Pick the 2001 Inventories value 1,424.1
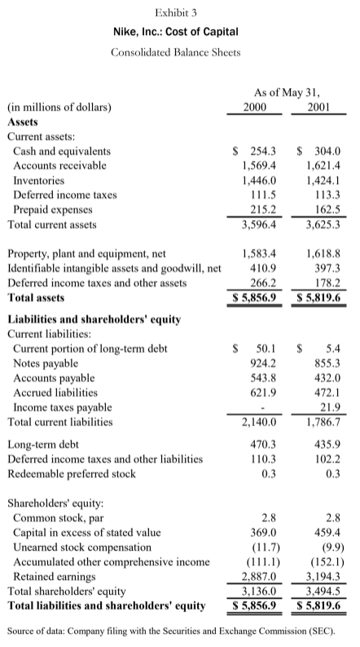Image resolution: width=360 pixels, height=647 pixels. (318, 180)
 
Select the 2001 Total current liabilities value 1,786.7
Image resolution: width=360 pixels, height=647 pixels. (318, 422)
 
